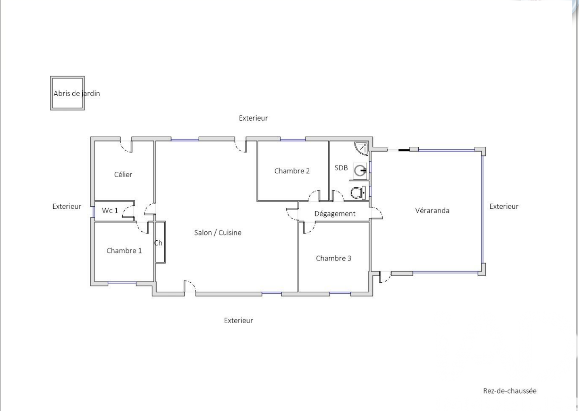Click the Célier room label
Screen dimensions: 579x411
point(123,174)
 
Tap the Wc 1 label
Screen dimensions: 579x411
point(110,210)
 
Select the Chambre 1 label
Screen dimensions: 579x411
point(124,251)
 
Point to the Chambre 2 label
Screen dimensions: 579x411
point(292,171)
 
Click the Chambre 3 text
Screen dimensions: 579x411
point(334,258)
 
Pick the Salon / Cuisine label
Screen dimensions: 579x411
point(218,233)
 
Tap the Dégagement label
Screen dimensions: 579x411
point(335,214)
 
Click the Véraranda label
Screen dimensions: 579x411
point(432,210)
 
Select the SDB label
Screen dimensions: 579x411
point(341,168)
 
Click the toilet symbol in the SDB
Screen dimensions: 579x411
point(358,193)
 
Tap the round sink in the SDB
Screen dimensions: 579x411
point(360,171)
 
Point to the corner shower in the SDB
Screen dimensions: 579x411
point(361,148)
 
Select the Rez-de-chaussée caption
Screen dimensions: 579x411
point(510,391)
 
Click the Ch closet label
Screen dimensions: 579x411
point(158,243)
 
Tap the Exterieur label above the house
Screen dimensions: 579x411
point(253,118)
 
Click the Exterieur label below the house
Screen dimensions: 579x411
point(238,321)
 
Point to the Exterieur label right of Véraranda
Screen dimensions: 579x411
point(504,206)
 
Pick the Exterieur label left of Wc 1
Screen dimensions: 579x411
point(67,206)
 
